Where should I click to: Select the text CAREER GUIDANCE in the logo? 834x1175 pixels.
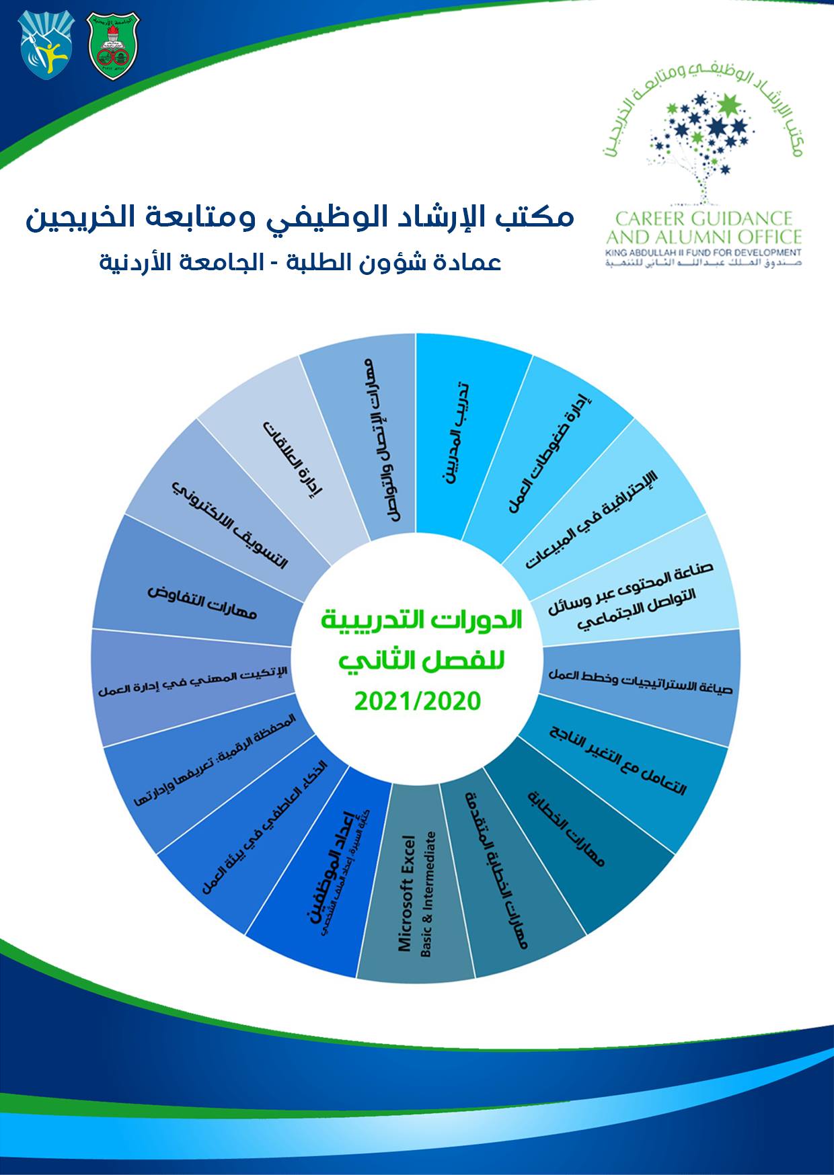704,218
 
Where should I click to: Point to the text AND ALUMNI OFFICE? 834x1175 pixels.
704,237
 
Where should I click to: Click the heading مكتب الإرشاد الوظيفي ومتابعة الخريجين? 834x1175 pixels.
300,218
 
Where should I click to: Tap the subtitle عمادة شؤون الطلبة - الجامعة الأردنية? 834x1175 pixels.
300,261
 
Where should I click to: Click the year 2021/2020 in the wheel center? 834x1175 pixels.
418,702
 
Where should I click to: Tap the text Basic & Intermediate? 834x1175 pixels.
428,894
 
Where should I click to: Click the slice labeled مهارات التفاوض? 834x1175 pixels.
202,602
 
